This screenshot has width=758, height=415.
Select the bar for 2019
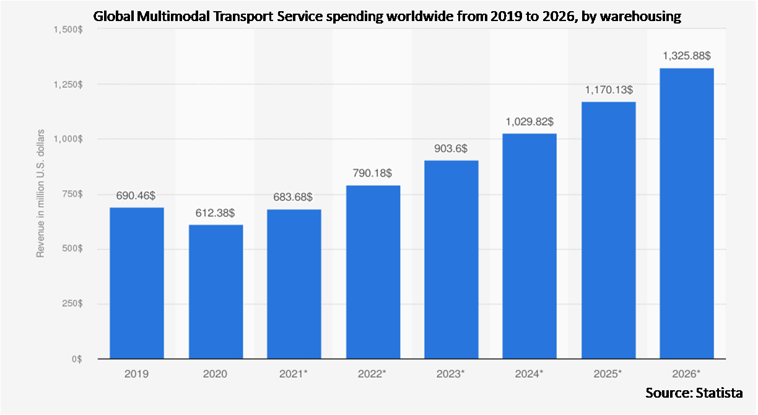pos(137,283)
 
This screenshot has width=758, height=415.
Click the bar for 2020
pos(216,292)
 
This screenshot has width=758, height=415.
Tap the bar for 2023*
pos(450,260)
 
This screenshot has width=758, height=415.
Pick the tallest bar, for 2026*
pos(686,214)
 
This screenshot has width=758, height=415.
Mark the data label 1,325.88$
pos(686,56)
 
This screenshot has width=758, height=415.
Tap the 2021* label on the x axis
pos(294,374)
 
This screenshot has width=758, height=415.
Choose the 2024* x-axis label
pos(529,374)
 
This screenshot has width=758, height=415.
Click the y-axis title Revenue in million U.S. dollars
pos(40,193)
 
